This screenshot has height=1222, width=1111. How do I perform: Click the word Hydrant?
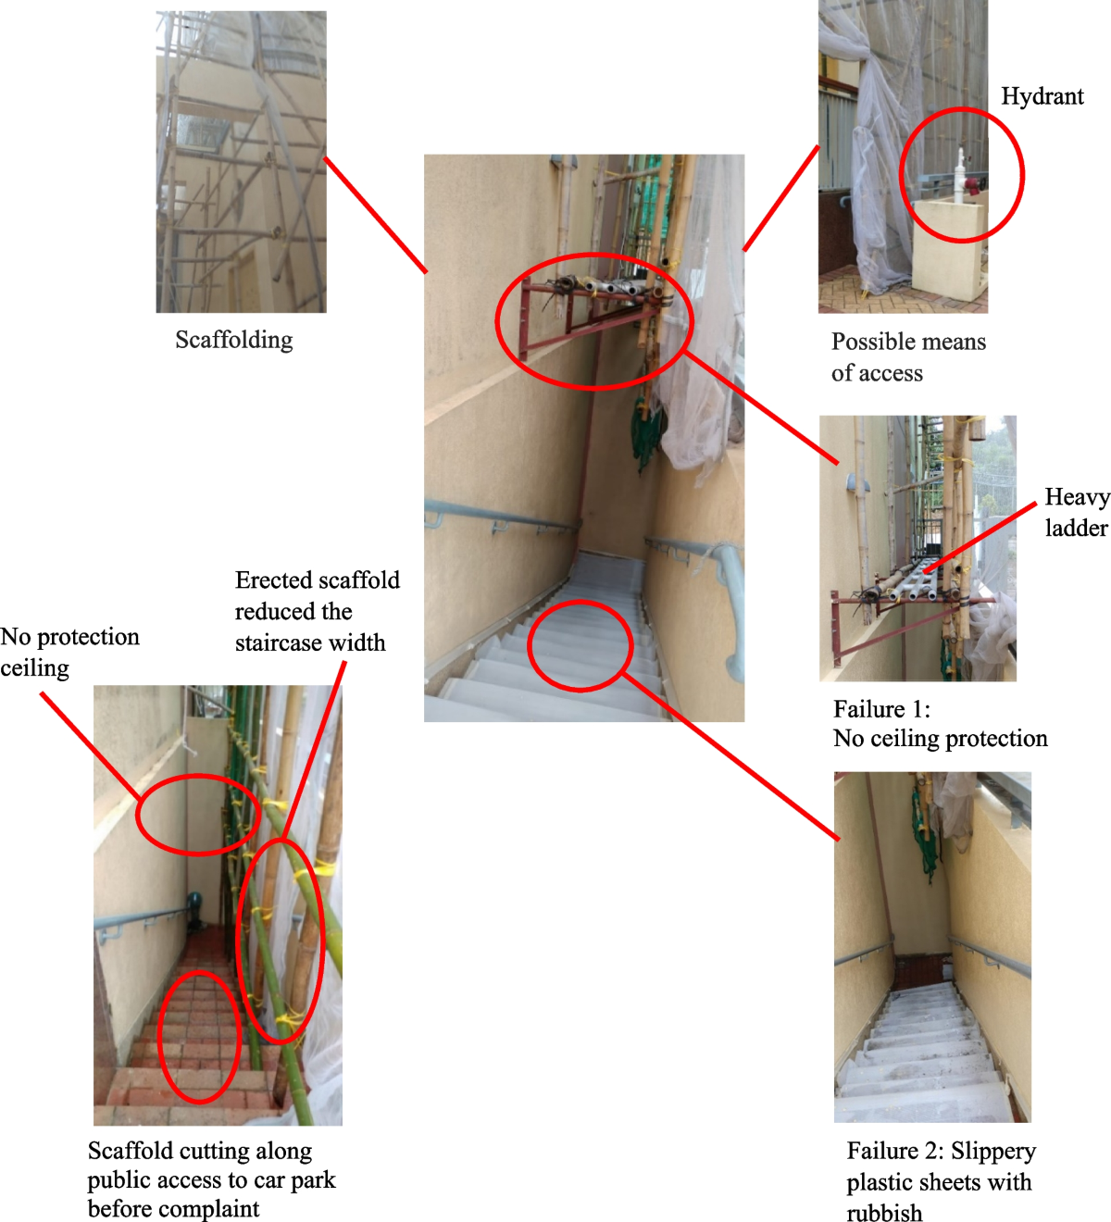(x=1042, y=97)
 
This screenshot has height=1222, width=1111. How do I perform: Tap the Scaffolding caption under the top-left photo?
(x=234, y=341)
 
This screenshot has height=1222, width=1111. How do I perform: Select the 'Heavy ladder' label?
(x=1076, y=512)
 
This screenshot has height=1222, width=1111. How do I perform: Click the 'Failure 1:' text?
(x=881, y=710)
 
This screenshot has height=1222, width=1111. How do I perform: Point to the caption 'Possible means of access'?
(x=908, y=357)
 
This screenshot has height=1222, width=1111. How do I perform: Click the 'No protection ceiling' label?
(x=69, y=652)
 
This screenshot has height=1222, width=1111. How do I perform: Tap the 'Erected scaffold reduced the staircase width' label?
(x=317, y=611)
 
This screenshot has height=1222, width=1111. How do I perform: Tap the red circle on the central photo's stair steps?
(x=580, y=645)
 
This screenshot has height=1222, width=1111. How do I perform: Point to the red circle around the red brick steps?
(x=199, y=1037)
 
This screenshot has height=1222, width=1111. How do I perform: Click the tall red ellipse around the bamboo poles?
(x=281, y=940)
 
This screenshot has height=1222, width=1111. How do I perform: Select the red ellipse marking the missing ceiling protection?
(x=197, y=815)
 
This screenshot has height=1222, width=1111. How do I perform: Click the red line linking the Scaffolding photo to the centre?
(x=375, y=215)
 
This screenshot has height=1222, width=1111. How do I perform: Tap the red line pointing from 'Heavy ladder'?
(x=981, y=537)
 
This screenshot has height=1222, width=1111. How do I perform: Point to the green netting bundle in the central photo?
(x=646, y=435)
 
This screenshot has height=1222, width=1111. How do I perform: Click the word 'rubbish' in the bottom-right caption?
(x=884, y=1213)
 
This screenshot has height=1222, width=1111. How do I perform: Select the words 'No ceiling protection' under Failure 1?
(x=940, y=739)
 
